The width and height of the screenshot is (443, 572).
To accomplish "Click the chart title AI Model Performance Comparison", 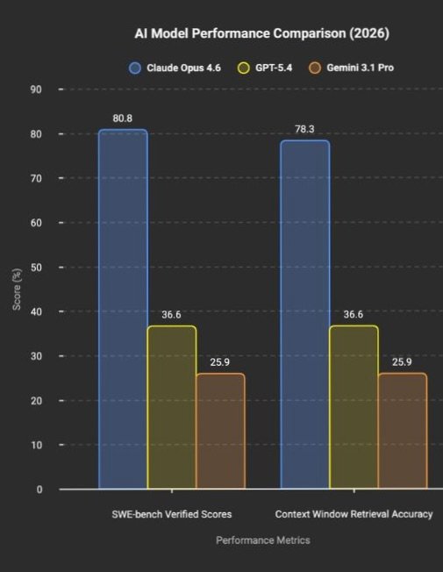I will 261,33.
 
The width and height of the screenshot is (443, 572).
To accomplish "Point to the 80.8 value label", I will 122,118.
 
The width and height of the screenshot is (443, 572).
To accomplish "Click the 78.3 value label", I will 304,129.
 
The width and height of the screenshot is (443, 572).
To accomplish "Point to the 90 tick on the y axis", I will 35,89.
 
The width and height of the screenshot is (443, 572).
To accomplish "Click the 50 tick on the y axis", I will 35,268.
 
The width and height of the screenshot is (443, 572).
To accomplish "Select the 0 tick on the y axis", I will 39,490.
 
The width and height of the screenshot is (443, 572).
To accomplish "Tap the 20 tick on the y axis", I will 35,401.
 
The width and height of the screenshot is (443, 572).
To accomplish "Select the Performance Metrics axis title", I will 262,540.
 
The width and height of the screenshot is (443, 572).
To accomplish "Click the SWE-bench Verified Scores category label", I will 172,514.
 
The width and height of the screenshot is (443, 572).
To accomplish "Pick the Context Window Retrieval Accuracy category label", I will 354,514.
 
